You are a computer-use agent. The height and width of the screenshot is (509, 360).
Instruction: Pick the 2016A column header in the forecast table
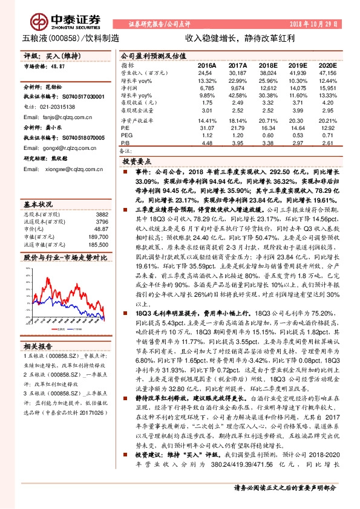point(207,64)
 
